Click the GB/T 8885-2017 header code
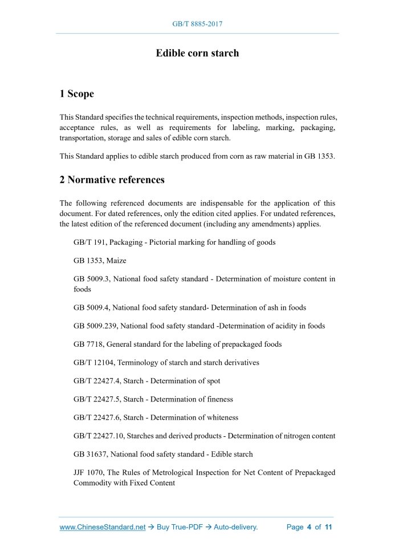click(x=197, y=24)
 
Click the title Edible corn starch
click(x=197, y=53)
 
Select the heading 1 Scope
click(x=76, y=94)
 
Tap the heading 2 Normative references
click(x=112, y=180)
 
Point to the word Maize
click(x=116, y=260)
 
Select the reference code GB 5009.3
click(x=91, y=279)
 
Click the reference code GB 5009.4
click(x=91, y=307)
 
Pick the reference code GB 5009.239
click(x=95, y=326)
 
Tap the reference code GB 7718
click(x=88, y=344)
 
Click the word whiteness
click(x=220, y=418)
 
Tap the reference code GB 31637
click(x=90, y=454)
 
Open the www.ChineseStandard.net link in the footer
click(x=103, y=527)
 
